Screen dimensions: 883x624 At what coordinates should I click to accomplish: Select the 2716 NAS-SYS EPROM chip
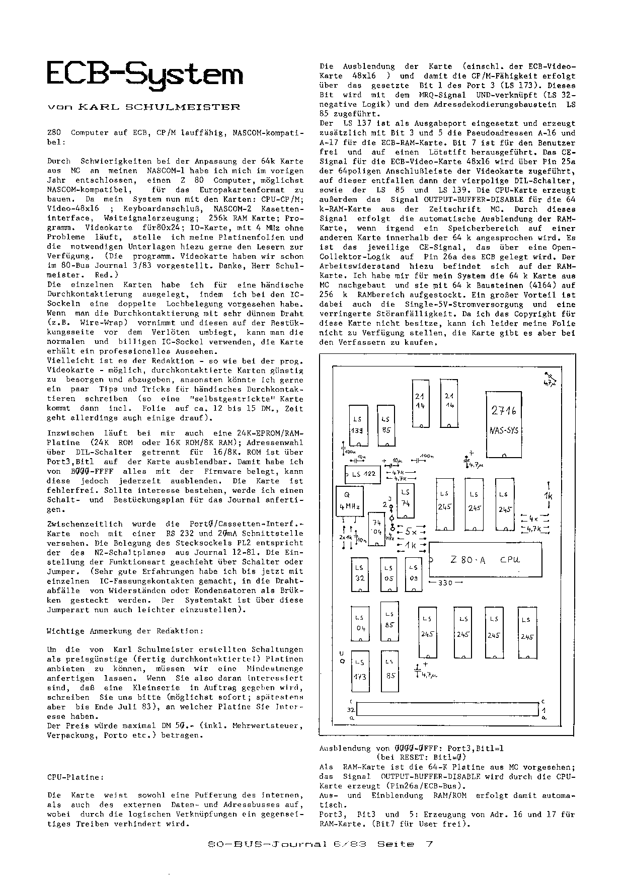(504, 423)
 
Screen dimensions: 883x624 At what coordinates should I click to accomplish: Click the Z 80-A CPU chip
(486, 559)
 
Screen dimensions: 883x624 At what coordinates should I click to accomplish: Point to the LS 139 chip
(358, 425)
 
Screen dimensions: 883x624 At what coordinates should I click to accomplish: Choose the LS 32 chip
(360, 574)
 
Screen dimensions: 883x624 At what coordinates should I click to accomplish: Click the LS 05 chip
(389, 574)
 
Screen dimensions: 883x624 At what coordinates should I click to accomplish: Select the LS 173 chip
(360, 672)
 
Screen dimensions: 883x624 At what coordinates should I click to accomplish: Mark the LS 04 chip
(360, 624)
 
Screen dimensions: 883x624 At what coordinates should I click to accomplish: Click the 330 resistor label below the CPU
(445, 582)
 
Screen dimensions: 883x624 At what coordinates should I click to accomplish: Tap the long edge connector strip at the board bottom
(447, 710)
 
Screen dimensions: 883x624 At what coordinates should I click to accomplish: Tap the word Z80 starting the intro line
(54, 132)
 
